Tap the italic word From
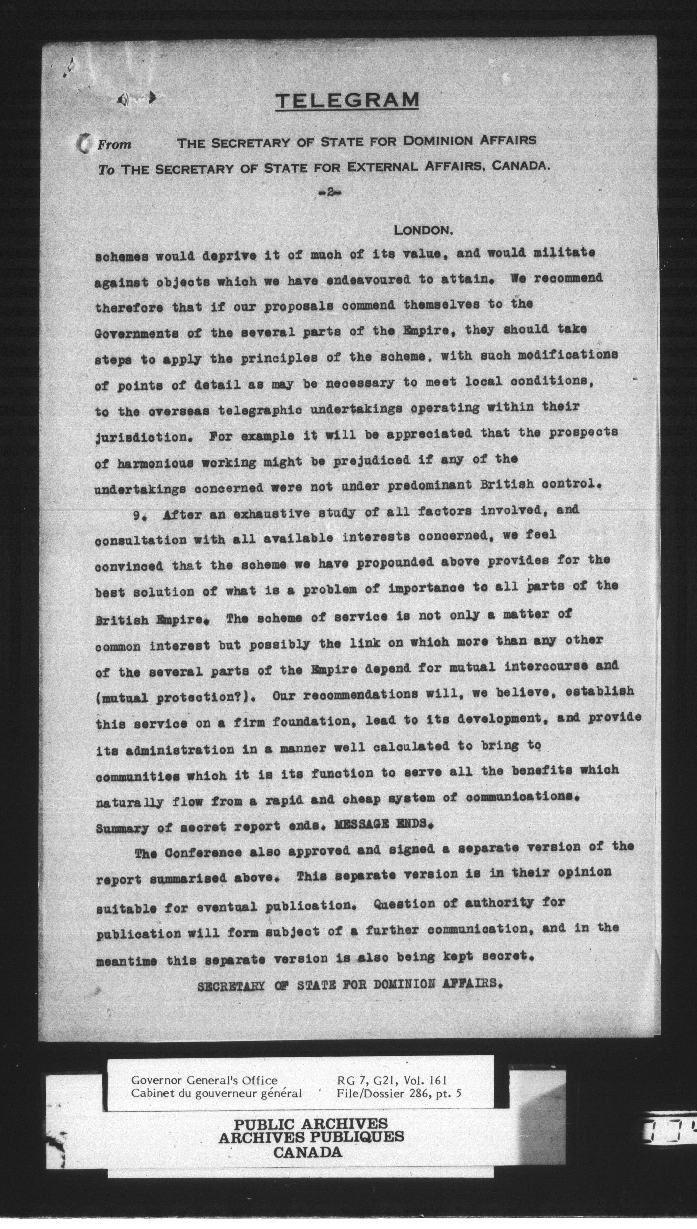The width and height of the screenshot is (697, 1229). (x=114, y=144)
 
